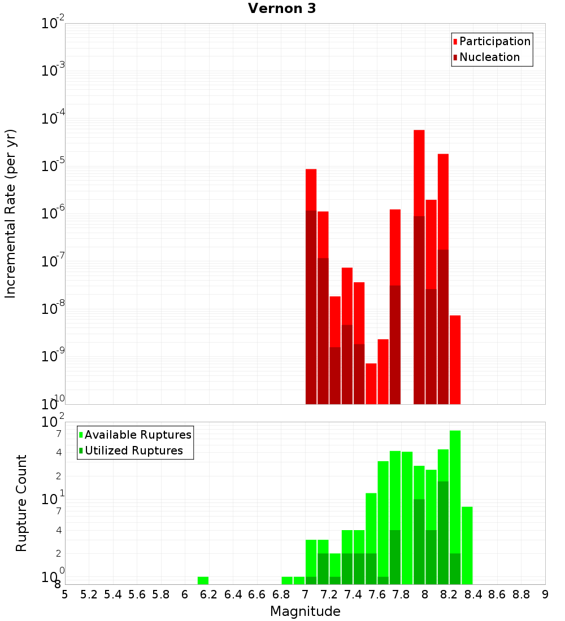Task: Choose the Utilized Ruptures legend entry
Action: coord(133,451)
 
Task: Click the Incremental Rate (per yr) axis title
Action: coord(11,213)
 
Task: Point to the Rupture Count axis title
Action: coord(21,503)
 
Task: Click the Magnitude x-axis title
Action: coord(305,611)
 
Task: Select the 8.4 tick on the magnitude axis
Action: coord(473,594)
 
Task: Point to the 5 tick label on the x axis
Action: coord(65,594)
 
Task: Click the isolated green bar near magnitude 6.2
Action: coord(203,580)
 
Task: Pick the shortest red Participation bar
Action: coord(371,383)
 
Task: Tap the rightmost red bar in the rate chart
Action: coord(455,360)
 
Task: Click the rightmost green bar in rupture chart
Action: coord(467,545)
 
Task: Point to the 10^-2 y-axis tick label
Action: coord(53,24)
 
